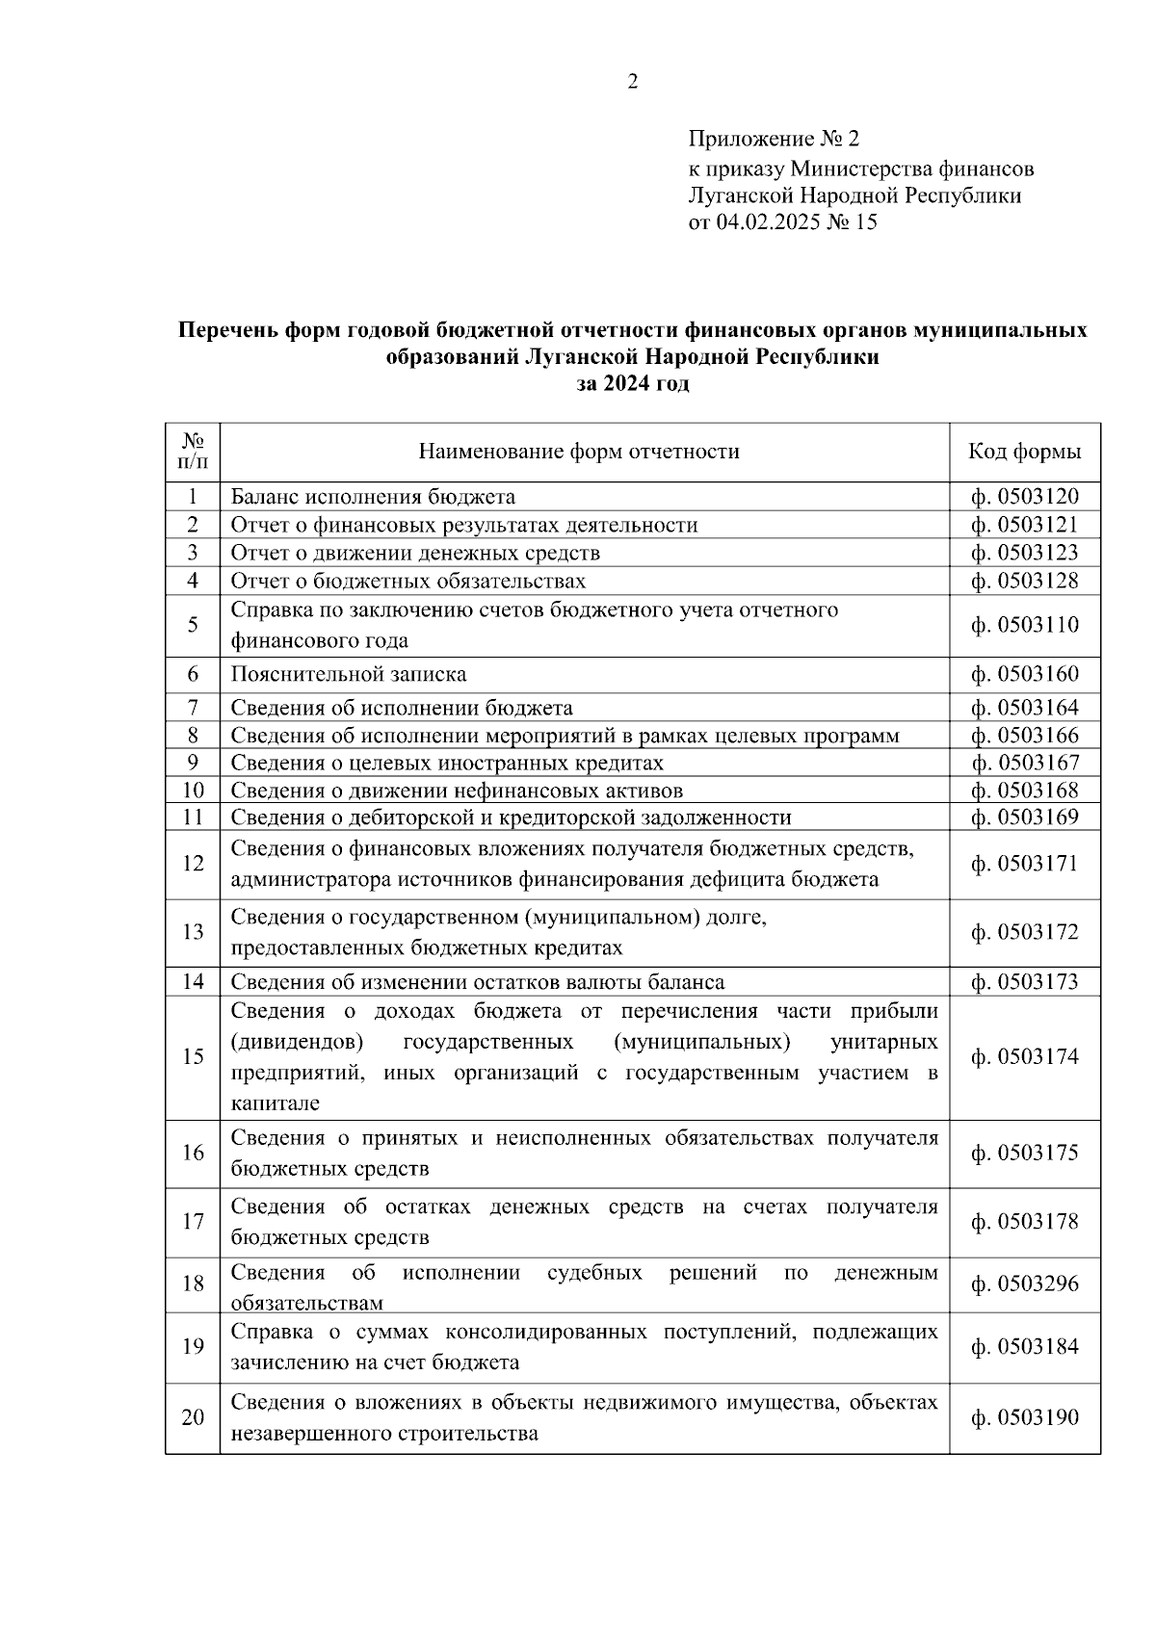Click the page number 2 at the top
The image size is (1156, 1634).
click(632, 83)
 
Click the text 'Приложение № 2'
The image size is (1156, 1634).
click(773, 141)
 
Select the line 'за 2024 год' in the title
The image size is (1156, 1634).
click(632, 383)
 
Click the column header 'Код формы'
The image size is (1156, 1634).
click(1024, 452)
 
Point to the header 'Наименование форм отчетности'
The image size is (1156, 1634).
click(579, 452)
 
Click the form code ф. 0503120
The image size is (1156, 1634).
click(1024, 497)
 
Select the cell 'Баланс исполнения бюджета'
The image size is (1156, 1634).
click(373, 497)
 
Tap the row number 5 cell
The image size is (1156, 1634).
click(193, 625)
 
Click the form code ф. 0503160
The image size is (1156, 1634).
click(1024, 674)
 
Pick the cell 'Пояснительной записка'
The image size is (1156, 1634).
click(348, 674)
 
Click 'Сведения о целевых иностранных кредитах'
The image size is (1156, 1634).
click(447, 763)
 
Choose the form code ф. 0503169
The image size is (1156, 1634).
click(1024, 817)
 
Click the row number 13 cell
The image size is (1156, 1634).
click(193, 932)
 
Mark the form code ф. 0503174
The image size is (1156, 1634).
click(1024, 1056)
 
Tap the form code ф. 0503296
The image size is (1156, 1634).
click(1024, 1284)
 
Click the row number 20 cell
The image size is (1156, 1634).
click(193, 1417)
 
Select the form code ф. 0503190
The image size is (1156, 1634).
click(1024, 1417)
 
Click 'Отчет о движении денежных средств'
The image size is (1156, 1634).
click(415, 553)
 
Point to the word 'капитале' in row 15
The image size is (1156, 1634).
click(275, 1103)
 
